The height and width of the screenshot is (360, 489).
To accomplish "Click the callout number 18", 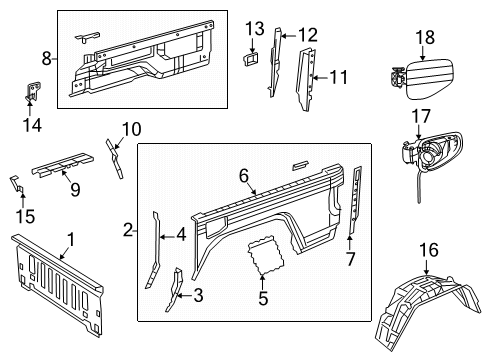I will (426, 37).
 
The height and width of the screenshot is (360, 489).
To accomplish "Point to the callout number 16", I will (427, 249).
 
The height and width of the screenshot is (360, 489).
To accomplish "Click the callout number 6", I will (243, 174).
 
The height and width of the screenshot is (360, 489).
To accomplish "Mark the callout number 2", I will (128, 230).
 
